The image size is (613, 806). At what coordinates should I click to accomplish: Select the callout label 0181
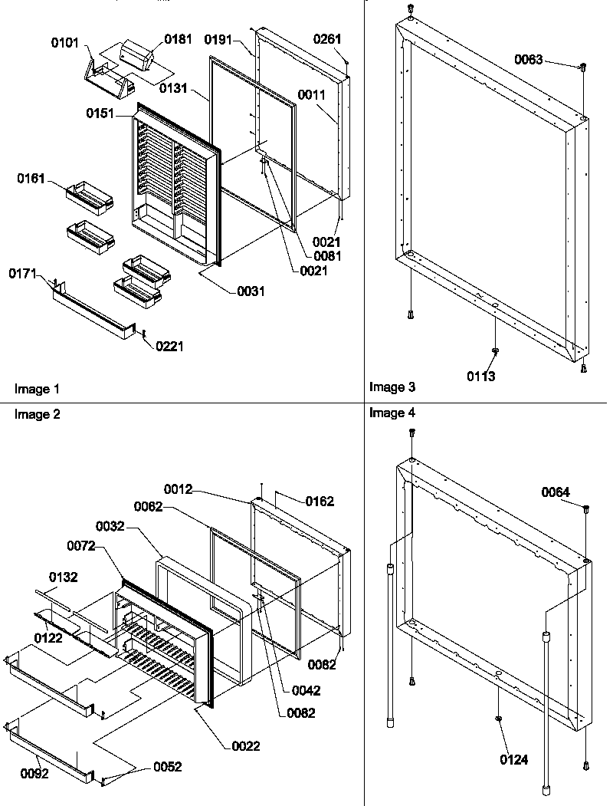click(179, 38)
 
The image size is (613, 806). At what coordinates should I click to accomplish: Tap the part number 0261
click(327, 38)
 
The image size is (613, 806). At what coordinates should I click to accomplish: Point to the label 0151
click(101, 113)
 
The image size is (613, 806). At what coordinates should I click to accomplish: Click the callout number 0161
click(32, 179)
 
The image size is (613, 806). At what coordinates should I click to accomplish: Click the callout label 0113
click(482, 376)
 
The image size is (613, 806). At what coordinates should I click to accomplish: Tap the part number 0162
click(320, 502)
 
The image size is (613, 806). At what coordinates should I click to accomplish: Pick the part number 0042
click(306, 690)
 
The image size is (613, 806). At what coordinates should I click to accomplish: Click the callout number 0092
click(34, 774)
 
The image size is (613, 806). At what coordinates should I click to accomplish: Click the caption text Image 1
click(37, 390)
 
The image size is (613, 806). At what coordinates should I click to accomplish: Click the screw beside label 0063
click(582, 67)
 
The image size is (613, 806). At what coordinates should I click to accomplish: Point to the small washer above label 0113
click(495, 350)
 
